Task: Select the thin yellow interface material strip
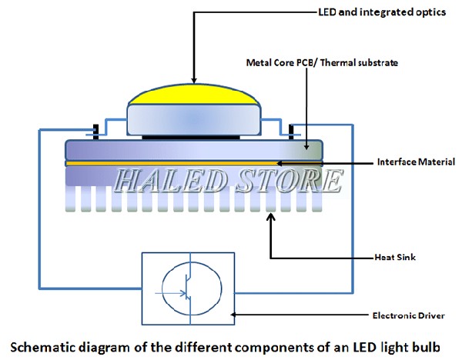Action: coord(192,163)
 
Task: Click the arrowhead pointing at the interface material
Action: coord(278,162)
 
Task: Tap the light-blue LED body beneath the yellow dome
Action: coord(192,118)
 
